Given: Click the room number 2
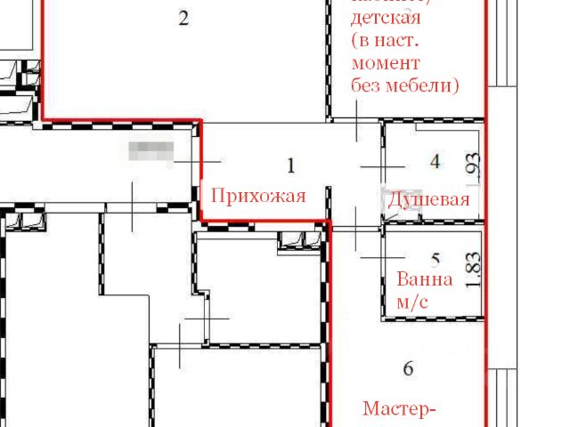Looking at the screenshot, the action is pyautogui.click(x=183, y=18).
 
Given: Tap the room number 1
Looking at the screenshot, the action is pyautogui.click(x=289, y=165).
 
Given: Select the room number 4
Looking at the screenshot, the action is pyautogui.click(x=435, y=161).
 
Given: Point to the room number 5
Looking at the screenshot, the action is pyautogui.click(x=436, y=260).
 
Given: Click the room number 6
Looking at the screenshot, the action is pyautogui.click(x=409, y=367).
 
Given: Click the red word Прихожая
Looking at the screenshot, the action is pyautogui.click(x=257, y=196).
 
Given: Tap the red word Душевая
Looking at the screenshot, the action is pyautogui.click(x=428, y=199).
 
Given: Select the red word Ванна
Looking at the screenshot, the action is pyautogui.click(x=425, y=279).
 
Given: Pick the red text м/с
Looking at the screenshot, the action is pyautogui.click(x=412, y=302).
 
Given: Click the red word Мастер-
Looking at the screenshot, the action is pyautogui.click(x=400, y=409).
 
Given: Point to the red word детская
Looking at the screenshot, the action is pyautogui.click(x=386, y=18).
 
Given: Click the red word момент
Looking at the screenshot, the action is pyautogui.click(x=386, y=64).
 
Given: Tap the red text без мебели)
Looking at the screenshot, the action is pyautogui.click(x=405, y=86).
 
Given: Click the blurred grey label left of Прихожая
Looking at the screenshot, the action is pyautogui.click(x=150, y=150).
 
